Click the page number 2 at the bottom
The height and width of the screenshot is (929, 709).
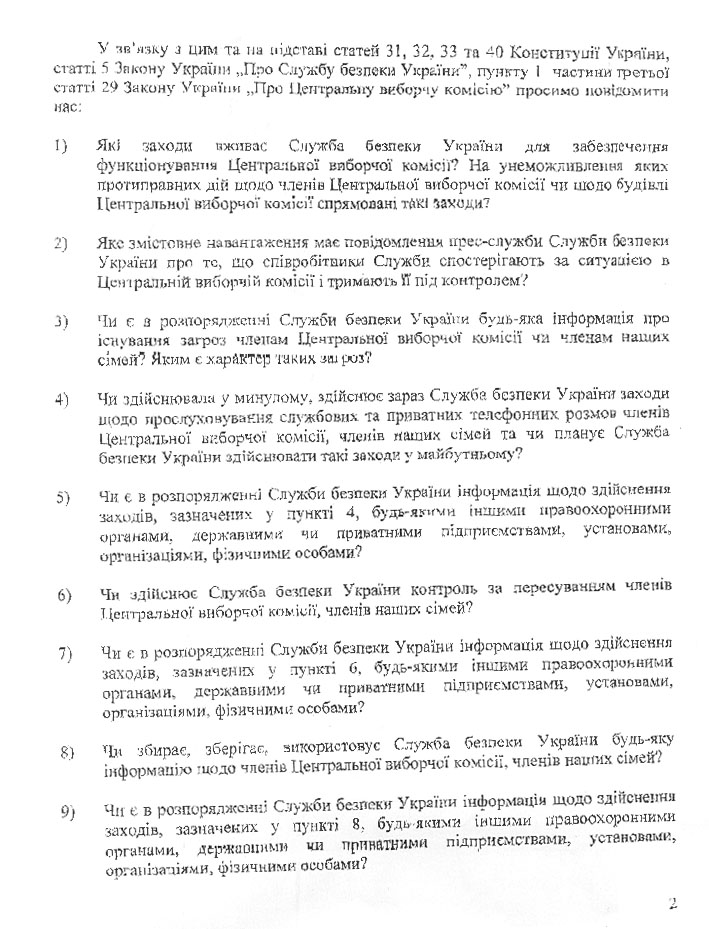click(x=673, y=904)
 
